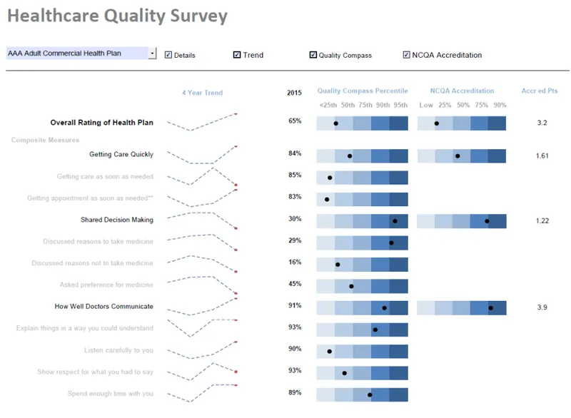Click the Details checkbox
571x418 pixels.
[168, 55]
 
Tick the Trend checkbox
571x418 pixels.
[237, 55]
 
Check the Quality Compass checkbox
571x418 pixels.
[313, 55]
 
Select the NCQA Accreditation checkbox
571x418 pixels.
[406, 55]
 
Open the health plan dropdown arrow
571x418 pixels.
[153, 53]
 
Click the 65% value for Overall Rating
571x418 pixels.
[295, 121]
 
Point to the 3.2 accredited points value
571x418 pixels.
[542, 123]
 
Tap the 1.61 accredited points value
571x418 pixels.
[542, 156]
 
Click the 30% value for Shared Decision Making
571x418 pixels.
[295, 219]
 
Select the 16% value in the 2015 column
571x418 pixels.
[295, 262]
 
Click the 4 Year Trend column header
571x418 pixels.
[203, 93]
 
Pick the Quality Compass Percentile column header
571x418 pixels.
[363, 91]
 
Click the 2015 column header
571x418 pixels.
[294, 93]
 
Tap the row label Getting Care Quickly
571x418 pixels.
[121, 154]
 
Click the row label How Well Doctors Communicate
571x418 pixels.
[103, 306]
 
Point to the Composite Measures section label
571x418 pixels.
[45, 140]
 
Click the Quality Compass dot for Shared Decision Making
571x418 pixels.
[395, 221]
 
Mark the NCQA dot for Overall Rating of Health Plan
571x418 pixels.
[437, 123]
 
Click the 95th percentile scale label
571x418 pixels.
[400, 105]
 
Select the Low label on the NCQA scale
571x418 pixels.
[426, 105]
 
